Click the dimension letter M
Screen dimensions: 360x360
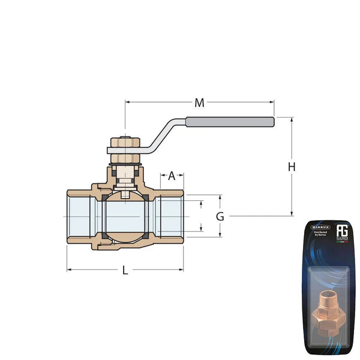(x=199, y=103)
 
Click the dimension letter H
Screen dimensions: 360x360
(x=292, y=167)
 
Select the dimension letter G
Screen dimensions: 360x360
(x=220, y=216)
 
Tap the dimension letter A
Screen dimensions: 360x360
(x=172, y=176)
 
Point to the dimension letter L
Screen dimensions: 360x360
(x=125, y=270)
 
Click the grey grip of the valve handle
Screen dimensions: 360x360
(x=230, y=122)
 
